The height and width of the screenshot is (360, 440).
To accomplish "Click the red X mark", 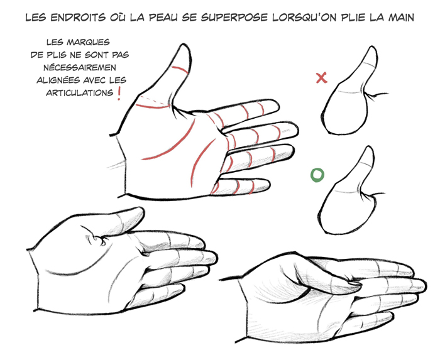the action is pos(322,78).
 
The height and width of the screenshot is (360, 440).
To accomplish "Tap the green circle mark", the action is pos(317,175).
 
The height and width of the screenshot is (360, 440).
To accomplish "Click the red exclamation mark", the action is pos(119,94).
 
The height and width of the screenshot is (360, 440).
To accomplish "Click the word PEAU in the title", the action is pos(163,18).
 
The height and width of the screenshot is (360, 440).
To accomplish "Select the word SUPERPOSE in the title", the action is pos(234,18).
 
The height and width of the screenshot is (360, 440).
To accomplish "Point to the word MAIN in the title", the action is pos(401,18).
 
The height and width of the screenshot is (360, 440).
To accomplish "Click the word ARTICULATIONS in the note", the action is pos(79,93).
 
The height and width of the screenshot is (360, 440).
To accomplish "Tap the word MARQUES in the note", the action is pos(88,42).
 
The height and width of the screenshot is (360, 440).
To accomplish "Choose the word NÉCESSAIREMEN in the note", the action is pos(80,68).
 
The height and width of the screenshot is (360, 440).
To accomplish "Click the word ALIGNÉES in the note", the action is pos(58,80).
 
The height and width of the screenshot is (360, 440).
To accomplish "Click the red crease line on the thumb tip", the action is pos(180,69).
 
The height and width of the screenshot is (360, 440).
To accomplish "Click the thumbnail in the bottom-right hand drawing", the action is pos(355,284).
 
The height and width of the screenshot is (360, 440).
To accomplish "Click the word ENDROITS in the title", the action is pos(78,18).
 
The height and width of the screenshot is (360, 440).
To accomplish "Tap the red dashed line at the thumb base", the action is pos(155,100).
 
